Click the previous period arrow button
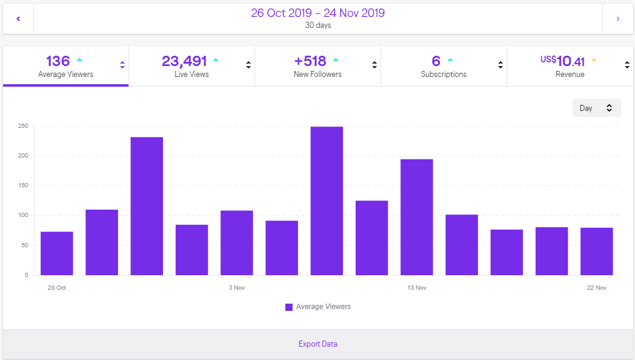pos(18,19)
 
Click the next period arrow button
pos(618,19)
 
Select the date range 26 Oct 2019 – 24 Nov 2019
pos(317,13)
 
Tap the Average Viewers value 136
pos(58,61)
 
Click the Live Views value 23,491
pos(184,61)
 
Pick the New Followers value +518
pos(310,61)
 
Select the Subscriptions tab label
pos(444,75)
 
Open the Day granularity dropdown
pos(596,108)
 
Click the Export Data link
pos(317,344)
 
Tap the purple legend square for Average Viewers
pos(289,307)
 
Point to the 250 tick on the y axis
pos(22,126)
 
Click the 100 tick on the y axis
pos(22,215)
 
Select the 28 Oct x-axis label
pos(57,288)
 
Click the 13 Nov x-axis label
pos(417,288)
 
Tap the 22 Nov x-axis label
pos(597,288)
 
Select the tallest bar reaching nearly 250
pos(327,201)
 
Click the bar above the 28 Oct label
pos(57,253)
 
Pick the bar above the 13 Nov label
pos(417,217)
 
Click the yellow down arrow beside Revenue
pos(594,60)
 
